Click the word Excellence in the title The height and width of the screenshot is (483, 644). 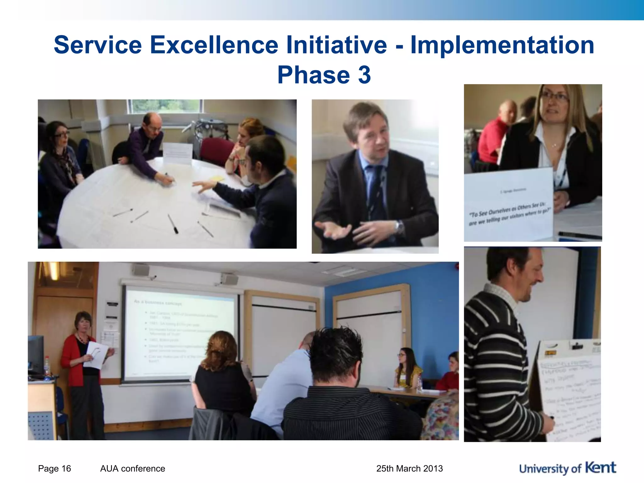(214, 45)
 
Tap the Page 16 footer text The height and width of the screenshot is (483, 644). (54, 469)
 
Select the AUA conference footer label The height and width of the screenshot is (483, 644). (132, 469)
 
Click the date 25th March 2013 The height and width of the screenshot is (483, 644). (409, 469)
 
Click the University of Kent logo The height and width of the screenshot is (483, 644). (567, 468)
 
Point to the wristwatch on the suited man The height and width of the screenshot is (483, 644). (399, 226)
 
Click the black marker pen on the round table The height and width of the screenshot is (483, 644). (173, 224)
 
